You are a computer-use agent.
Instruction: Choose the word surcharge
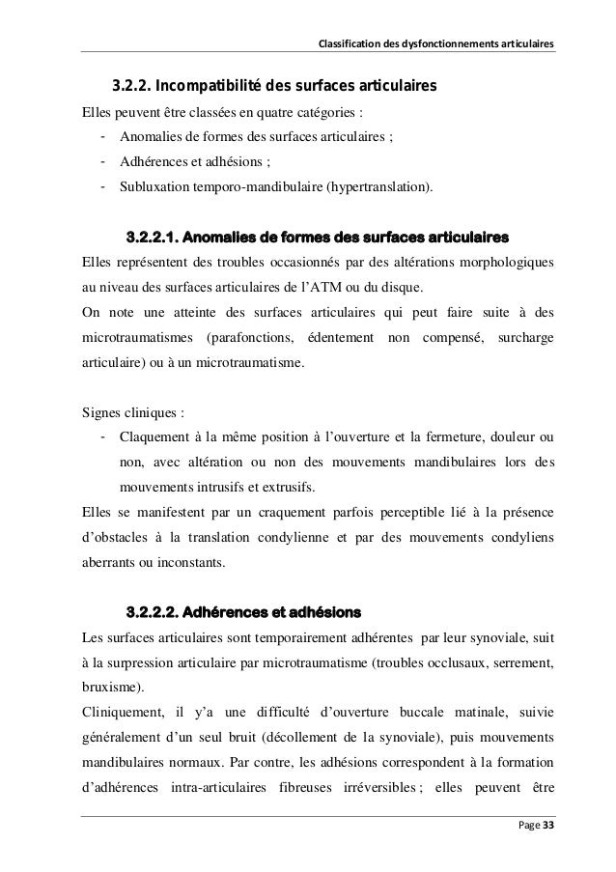pyautogui.click(x=520, y=337)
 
